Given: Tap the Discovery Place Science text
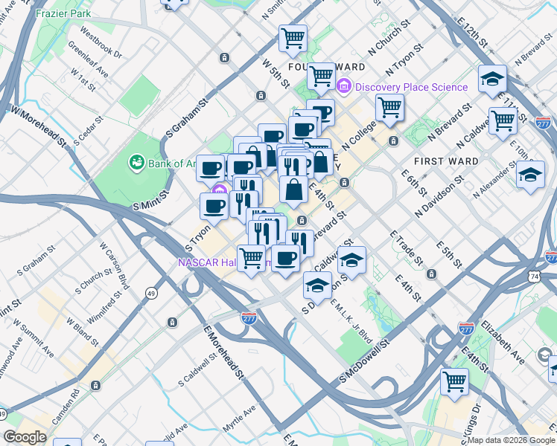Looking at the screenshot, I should pos(411,87).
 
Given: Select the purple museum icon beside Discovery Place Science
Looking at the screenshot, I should pos(344,87).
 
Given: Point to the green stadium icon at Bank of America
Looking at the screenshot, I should pos(136,161).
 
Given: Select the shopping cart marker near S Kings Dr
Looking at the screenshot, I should pos(454,383).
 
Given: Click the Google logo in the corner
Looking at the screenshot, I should pos(25,437).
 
